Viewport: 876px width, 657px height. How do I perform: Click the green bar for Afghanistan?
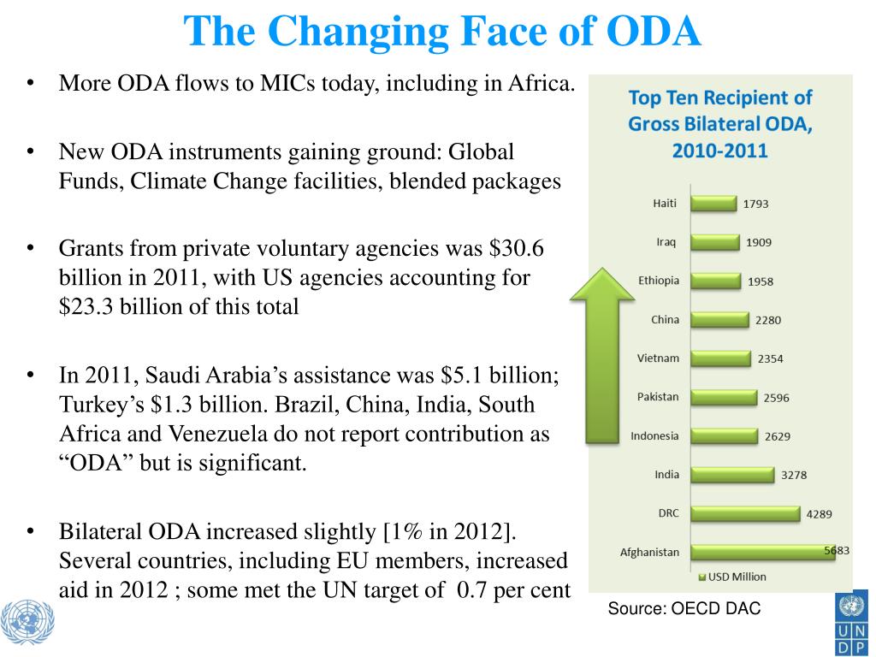point(762,552)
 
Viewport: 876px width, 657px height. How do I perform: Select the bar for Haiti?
point(713,204)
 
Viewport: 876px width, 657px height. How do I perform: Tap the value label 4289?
point(818,514)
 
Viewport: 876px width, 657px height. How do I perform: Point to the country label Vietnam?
point(659,358)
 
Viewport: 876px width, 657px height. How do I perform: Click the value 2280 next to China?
point(767,320)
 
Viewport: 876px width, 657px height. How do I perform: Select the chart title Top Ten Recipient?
point(720,98)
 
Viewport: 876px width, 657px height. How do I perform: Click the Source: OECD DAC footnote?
point(684,608)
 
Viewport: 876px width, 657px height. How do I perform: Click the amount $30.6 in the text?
point(517,248)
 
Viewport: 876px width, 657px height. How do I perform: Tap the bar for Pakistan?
point(724,397)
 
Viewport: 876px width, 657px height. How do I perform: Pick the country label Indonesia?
point(654,435)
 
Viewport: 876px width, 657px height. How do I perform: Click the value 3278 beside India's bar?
point(793,475)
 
